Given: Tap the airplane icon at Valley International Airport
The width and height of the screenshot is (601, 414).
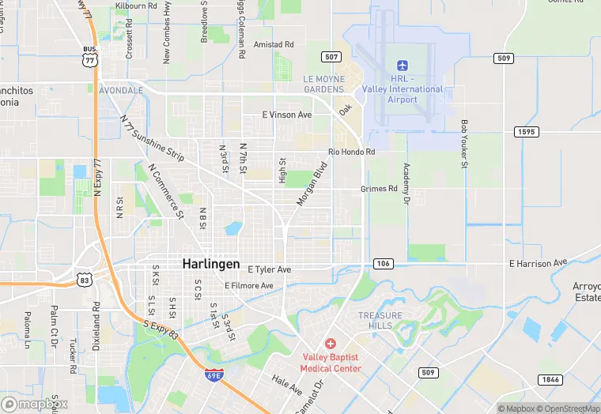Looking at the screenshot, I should click(x=403, y=64).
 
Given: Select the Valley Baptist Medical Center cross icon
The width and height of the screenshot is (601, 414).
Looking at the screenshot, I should click(x=331, y=344).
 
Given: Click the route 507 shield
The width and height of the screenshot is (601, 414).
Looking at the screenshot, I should click(x=331, y=57).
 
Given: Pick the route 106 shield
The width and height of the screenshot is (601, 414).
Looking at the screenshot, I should click(x=383, y=263).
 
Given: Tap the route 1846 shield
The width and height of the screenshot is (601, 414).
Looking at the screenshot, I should click(x=551, y=380).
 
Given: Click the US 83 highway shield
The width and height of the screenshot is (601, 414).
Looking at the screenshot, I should click(x=85, y=279).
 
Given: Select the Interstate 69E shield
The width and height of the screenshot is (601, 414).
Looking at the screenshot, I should click(x=213, y=374).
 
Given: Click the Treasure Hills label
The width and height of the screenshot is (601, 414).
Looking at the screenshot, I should click(x=380, y=320).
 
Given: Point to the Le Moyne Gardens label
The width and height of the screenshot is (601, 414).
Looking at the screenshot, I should click(x=324, y=84).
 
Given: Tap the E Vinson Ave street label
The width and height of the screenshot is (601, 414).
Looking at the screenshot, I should click(x=287, y=115).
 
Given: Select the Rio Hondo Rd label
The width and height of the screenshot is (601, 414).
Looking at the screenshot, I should click(x=352, y=152).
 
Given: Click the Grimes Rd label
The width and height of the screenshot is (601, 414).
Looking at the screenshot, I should click(x=379, y=189).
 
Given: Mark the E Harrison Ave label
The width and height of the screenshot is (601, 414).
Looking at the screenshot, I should click(x=539, y=262).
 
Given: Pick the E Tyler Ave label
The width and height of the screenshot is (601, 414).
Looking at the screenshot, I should click(x=269, y=269).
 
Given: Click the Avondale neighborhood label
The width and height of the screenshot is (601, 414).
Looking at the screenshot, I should click(x=121, y=90).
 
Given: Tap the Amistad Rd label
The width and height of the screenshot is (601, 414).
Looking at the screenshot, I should click(x=274, y=44).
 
